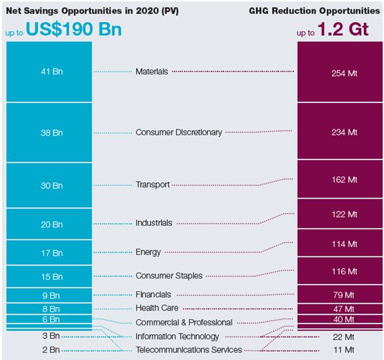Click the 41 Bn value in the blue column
coord(51,71)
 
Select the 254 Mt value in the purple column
coord(343,73)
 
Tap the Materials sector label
coord(152,71)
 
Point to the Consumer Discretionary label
coord(178,132)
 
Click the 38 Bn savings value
coord(51,133)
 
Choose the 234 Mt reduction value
coord(343,133)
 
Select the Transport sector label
coord(152,184)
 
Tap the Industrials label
coord(154,223)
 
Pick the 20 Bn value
coord(51,224)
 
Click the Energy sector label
coord(148,252)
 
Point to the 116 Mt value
coord(343,271)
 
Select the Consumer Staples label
coord(169,276)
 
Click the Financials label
coord(153,295)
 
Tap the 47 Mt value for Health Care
coord(343,307)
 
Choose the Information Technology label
coord(177,336)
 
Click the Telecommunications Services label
coord(188,350)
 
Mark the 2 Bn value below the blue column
coord(51,350)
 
